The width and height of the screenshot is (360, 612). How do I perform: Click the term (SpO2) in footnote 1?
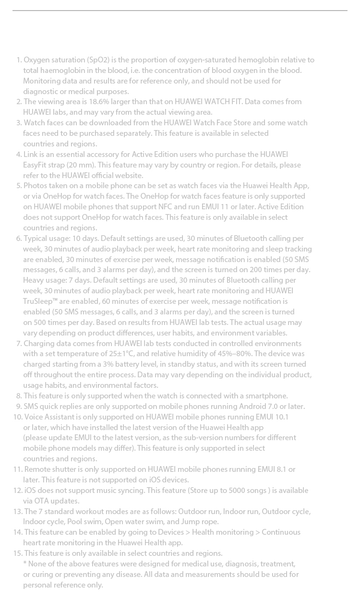point(99,60)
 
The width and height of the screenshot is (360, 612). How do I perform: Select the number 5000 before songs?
point(239,491)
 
